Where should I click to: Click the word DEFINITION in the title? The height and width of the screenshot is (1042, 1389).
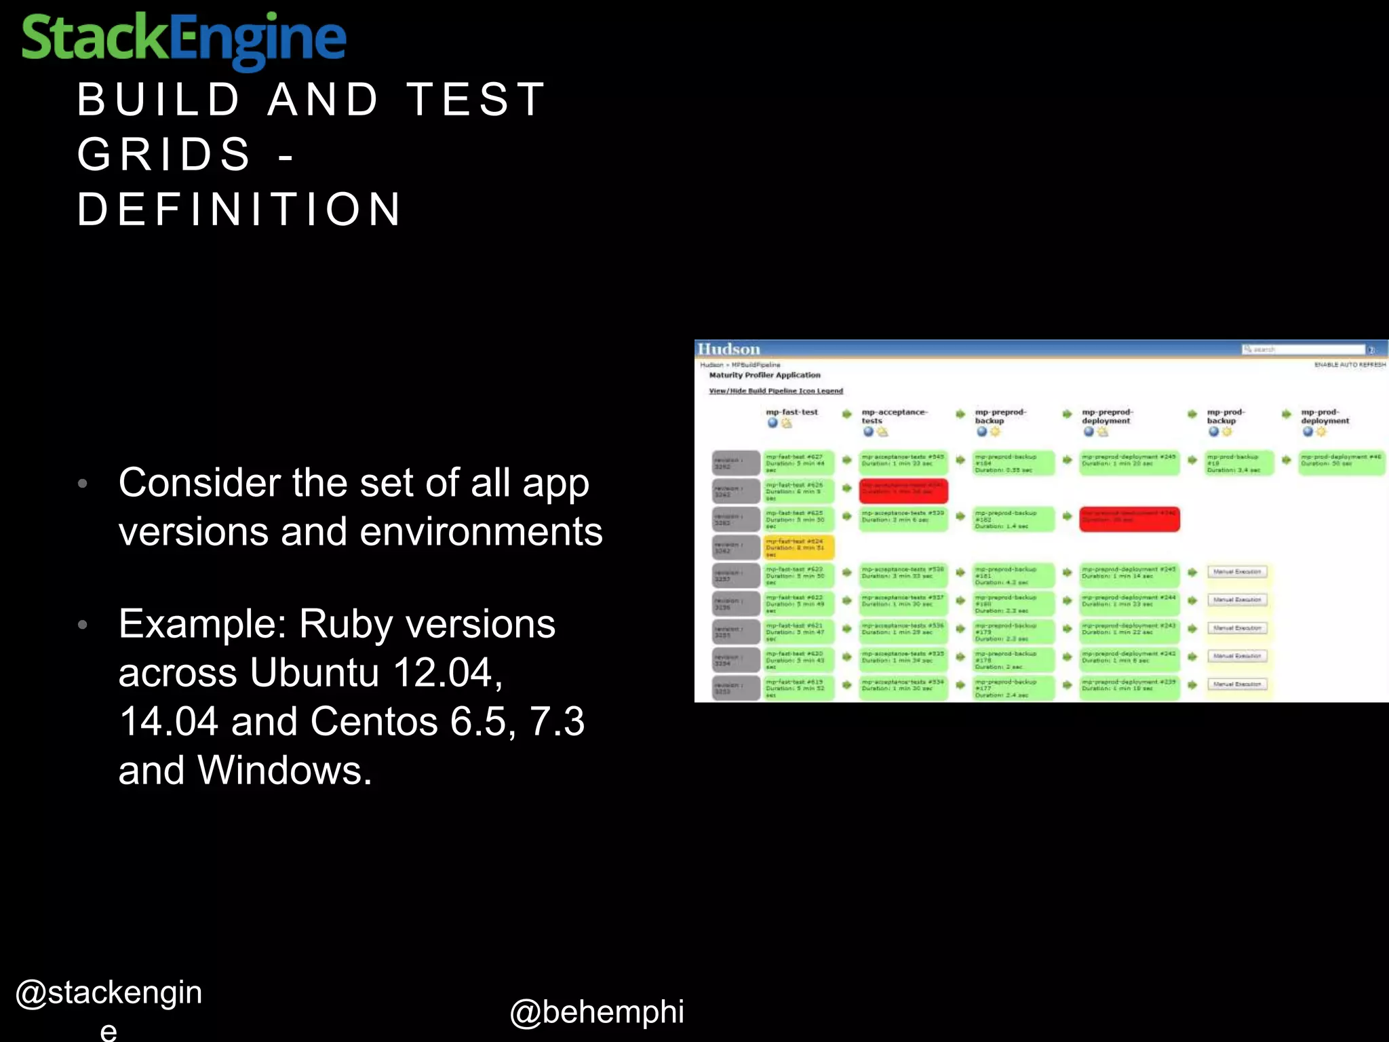point(239,209)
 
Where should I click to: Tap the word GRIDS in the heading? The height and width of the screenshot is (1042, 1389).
point(164,154)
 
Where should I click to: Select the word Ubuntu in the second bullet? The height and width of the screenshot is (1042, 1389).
point(314,673)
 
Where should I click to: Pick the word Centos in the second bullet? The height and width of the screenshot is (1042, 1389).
point(374,722)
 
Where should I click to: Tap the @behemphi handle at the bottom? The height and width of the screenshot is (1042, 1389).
point(596,1011)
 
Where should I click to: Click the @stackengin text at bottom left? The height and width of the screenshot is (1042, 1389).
point(109,992)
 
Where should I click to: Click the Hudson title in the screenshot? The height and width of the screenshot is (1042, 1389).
point(729,349)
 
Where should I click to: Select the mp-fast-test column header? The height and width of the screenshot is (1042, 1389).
point(791,412)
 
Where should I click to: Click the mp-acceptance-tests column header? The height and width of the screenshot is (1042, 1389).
point(894,416)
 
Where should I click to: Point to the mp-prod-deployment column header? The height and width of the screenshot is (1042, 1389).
point(1325,416)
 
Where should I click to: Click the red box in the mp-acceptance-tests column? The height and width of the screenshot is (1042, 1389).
point(903,490)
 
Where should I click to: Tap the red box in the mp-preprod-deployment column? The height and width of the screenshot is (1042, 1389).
point(1129,519)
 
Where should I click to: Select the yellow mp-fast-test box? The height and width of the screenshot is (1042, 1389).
point(798,547)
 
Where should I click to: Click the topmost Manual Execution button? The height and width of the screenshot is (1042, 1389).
point(1236,572)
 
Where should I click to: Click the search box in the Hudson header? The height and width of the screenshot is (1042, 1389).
point(1302,349)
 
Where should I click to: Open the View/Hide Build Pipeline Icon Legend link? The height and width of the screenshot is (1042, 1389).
point(776,391)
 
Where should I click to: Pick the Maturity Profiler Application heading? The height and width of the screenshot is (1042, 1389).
point(764,375)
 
